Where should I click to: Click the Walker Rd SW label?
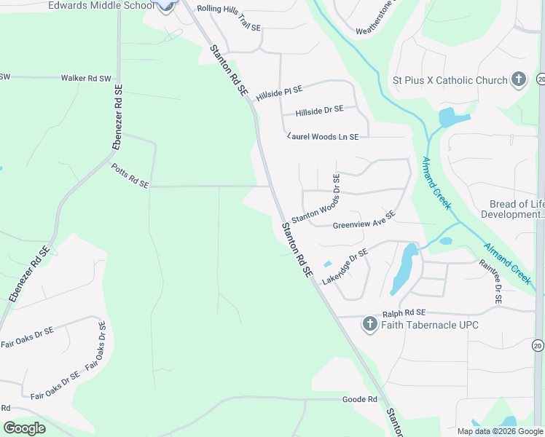[x=86, y=78]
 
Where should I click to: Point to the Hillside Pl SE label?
[x=278, y=91]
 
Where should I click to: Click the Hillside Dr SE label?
[x=319, y=110]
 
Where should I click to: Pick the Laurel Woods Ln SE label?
[x=324, y=136]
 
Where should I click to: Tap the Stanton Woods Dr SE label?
[x=316, y=197]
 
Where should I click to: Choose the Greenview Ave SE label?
[x=364, y=220]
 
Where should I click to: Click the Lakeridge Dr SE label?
[x=345, y=266]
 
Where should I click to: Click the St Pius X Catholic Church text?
[x=450, y=80]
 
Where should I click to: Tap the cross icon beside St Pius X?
[x=518, y=79]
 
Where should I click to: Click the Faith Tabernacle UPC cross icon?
[x=369, y=325]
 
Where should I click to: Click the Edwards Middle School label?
[x=101, y=5]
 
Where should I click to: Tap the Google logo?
[x=24, y=428]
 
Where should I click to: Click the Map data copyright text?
[x=499, y=431]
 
